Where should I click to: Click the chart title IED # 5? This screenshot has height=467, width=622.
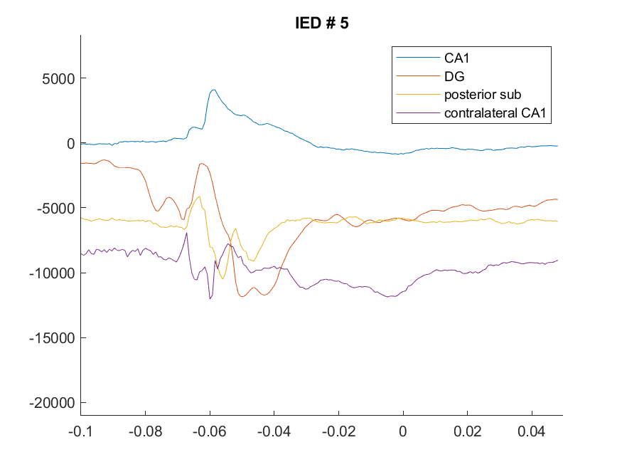tap(322, 23)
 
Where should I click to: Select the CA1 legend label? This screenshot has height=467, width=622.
tap(456, 58)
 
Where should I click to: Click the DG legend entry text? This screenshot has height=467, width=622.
tap(454, 76)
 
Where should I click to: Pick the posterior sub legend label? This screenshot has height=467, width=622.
tap(483, 95)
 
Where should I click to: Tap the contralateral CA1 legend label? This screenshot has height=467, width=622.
tap(495, 112)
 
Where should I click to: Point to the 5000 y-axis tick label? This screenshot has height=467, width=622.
tap(58, 78)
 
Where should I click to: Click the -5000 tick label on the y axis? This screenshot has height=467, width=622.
tap(55, 208)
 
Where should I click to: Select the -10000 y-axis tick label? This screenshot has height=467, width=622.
tap(52, 273)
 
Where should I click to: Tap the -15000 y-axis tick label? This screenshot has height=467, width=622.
tap(52, 338)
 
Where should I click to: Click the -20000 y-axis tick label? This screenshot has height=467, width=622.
tap(52, 403)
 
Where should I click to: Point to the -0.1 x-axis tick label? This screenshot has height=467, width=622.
tap(80, 431)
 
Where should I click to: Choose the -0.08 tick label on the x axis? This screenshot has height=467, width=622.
tap(145, 431)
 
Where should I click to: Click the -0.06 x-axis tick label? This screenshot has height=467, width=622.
tap(210, 431)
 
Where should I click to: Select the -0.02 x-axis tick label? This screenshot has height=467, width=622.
tap(338, 431)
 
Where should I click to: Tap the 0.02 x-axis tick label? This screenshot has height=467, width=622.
tap(467, 431)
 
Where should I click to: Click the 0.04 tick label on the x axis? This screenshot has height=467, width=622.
tap(532, 431)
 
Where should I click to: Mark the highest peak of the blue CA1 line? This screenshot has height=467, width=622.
tap(213, 90)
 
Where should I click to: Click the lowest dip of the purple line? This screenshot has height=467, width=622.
tap(210, 298)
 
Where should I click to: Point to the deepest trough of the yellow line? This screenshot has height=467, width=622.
tap(222, 279)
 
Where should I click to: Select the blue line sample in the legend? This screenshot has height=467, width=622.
tap(418, 58)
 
